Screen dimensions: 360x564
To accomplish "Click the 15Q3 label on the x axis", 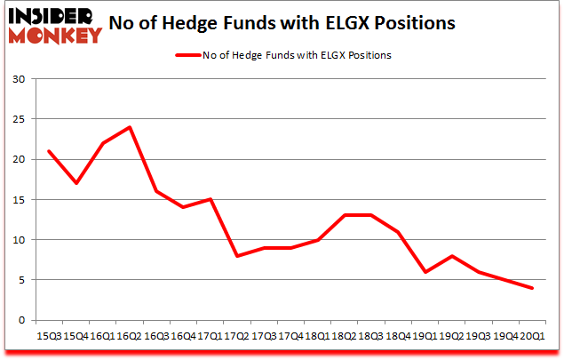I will (x=48, y=336).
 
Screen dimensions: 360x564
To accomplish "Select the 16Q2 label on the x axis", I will (x=130, y=336).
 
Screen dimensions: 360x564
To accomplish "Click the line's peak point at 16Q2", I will (x=130, y=127).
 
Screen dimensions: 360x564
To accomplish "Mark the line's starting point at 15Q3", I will (x=48, y=151).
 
